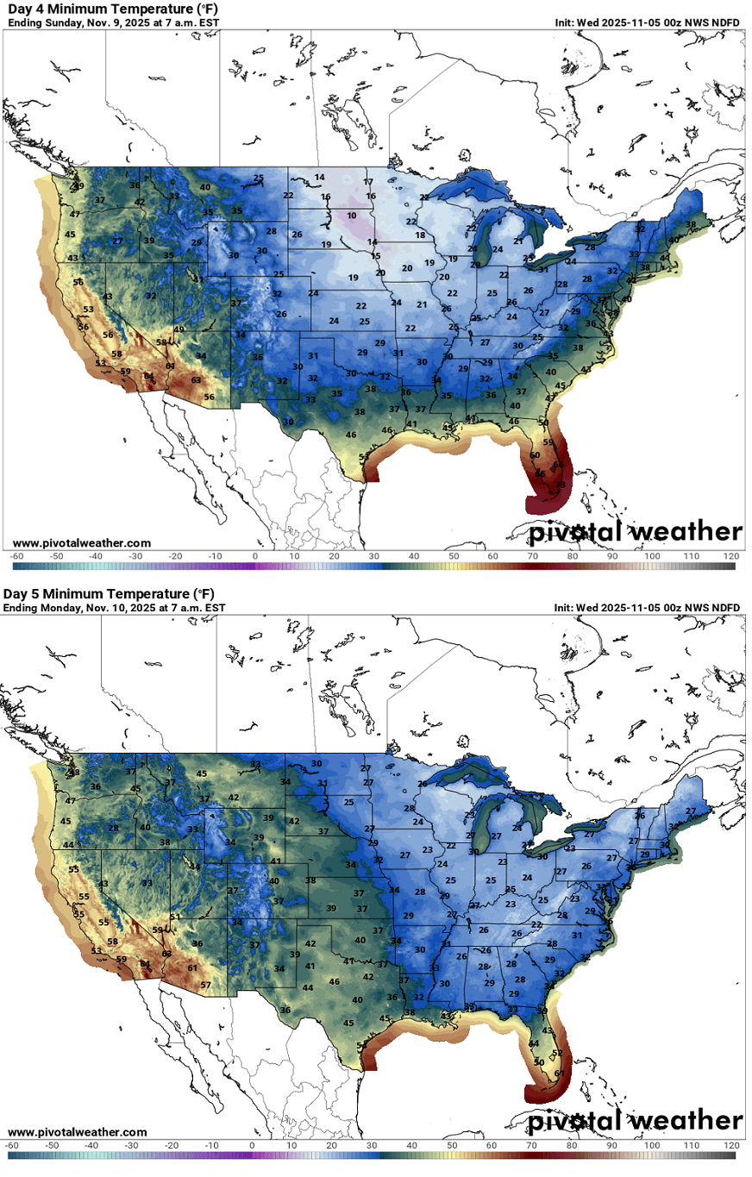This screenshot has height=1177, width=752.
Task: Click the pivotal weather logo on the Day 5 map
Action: point(635,1121)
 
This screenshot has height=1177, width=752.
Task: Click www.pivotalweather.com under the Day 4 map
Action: point(82,543)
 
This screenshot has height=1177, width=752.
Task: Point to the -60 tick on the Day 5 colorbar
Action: point(14,1144)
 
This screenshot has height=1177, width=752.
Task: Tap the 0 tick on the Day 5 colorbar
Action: point(252,1144)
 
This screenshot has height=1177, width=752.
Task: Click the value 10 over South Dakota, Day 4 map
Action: point(352,216)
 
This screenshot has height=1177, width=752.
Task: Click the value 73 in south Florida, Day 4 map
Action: point(560,485)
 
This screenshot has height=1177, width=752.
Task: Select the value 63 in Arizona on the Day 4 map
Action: point(196,379)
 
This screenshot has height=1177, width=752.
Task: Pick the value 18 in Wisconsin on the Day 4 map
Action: point(420,235)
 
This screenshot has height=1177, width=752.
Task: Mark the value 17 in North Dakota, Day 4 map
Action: point(368,182)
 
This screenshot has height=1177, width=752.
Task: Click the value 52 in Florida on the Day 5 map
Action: point(556,1052)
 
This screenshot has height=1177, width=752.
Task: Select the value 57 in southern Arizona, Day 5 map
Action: point(205,985)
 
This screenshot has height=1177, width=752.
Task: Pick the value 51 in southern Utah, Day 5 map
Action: point(175,917)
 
